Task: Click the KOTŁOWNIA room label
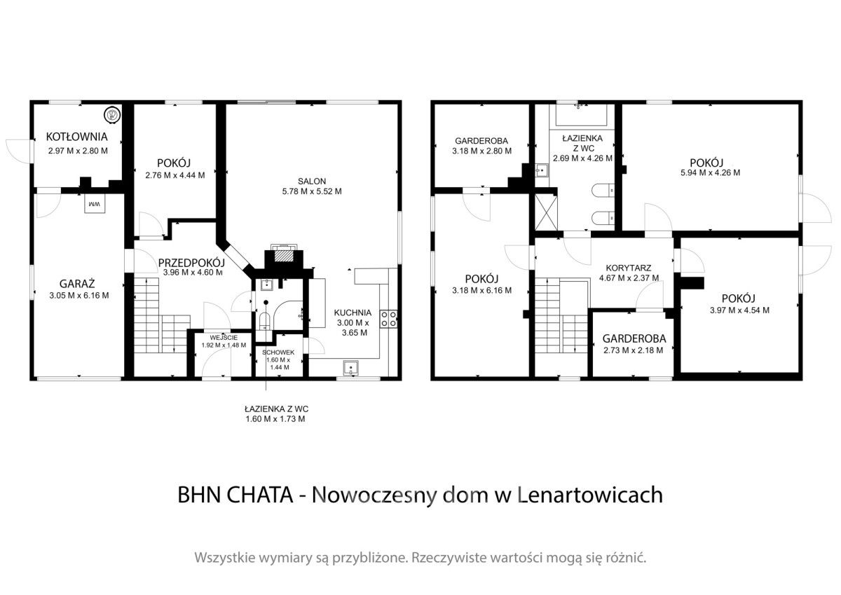76,137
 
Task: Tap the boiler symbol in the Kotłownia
111,114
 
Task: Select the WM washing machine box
95,204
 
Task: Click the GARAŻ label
76,283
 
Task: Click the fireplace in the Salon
283,257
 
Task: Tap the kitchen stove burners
388,319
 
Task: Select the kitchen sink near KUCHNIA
351,367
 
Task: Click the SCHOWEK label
278,353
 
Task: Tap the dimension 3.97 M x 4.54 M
739,310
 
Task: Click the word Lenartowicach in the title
589,495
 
